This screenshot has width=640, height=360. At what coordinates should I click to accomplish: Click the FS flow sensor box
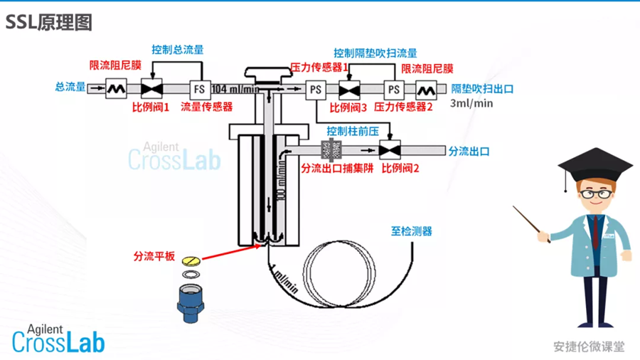(199, 89)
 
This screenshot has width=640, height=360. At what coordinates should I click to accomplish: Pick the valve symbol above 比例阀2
(389, 150)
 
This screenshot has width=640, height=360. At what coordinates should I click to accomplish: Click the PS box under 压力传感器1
(315, 90)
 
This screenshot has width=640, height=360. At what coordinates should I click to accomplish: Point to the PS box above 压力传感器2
(393, 90)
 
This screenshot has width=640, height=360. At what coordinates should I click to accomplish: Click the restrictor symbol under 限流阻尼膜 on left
(116, 89)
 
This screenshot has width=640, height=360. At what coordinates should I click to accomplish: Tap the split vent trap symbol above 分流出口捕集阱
(331, 150)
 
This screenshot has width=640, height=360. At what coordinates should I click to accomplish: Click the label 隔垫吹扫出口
(482, 89)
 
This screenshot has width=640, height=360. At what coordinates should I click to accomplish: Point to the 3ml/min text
(471, 103)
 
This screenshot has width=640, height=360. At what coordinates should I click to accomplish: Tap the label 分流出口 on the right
(469, 151)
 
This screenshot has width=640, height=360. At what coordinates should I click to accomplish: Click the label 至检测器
(411, 231)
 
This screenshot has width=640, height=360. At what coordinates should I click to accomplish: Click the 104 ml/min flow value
(235, 89)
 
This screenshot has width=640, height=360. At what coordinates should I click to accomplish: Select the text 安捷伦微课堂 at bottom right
(589, 346)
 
